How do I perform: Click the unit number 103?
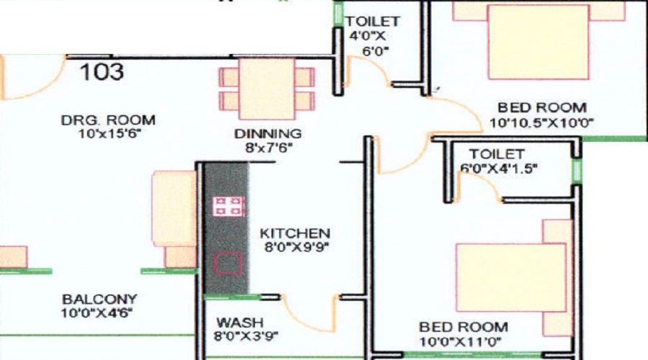point(102,71)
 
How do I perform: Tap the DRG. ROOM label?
point(108,120)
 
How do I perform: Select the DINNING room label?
point(268,134)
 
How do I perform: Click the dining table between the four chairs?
point(267,89)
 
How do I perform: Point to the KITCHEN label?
point(294,233)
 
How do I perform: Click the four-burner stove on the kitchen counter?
point(228,207)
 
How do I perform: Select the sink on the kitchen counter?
point(228,264)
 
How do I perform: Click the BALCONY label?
point(99,299)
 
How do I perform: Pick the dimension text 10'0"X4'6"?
point(96,313)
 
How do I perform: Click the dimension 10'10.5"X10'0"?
point(541,122)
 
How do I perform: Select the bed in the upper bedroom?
point(539,41)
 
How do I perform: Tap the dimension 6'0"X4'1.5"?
point(499,168)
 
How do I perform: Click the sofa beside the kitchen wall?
point(174,219)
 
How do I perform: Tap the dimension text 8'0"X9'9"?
point(297,247)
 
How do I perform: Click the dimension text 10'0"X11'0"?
point(460,342)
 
